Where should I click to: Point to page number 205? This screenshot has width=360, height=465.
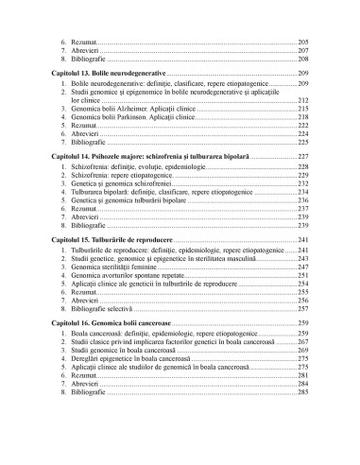[302, 43]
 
